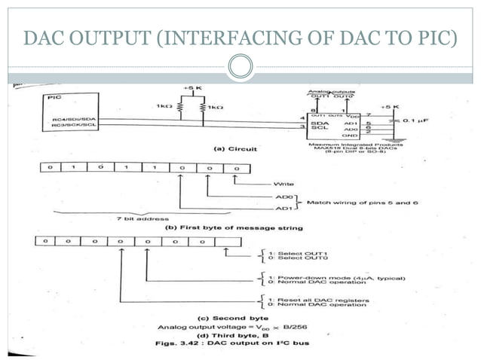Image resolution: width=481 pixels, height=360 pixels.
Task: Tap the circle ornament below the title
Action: coord(240,68)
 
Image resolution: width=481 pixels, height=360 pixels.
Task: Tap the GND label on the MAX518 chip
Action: coord(372,136)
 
